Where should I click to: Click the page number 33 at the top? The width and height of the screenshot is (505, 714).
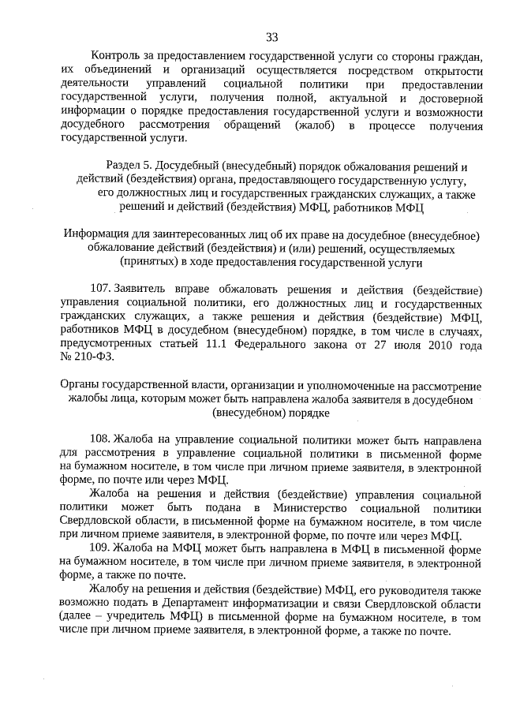pos(271,37)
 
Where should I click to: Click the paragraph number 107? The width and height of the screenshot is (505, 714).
pos(102,289)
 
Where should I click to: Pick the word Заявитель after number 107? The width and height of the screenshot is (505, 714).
pos(143,289)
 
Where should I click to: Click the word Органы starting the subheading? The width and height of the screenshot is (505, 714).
pos(80,385)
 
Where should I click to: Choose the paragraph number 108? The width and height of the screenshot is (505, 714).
pos(102,438)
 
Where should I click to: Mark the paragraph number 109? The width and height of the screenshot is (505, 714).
pos(102,548)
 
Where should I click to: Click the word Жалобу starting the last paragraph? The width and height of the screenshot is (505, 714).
pos(114,589)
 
